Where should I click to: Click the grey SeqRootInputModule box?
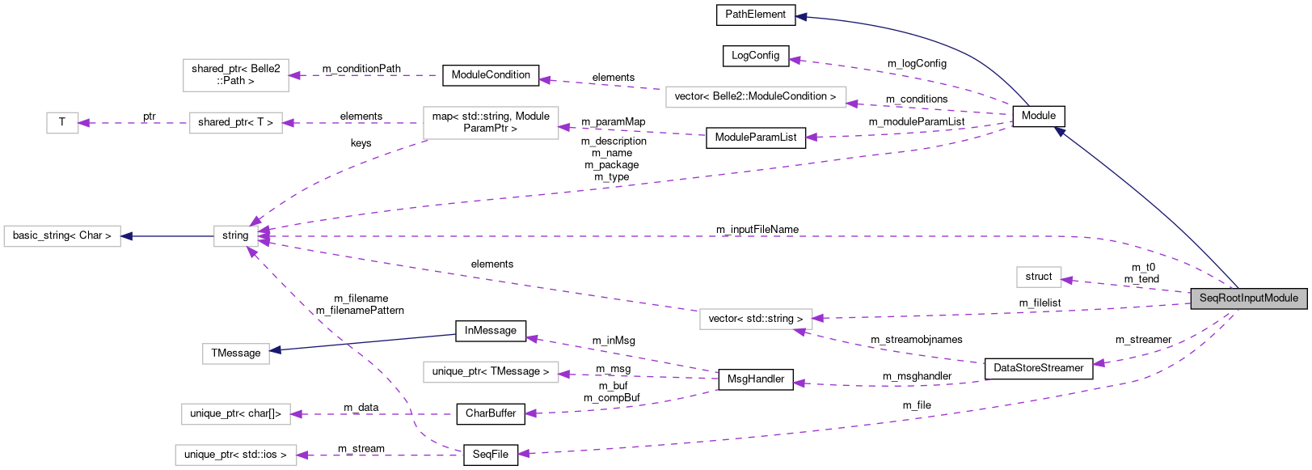(1249, 299)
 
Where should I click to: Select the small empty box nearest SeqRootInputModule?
(1039, 277)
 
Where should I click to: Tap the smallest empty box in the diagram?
(62, 123)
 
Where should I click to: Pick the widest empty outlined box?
(756, 97)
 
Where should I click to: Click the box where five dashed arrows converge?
(236, 236)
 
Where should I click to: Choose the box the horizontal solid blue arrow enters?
(62, 236)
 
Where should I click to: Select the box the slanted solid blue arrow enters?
(235, 354)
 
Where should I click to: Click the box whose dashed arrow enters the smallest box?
(236, 123)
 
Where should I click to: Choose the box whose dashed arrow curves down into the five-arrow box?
(491, 123)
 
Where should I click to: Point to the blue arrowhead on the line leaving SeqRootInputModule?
(1059, 131)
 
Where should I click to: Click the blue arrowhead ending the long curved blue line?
(800, 16)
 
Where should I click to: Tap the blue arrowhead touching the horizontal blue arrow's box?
(127, 236)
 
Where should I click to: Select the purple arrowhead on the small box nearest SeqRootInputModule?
(1067, 281)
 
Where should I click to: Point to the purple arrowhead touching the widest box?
(852, 104)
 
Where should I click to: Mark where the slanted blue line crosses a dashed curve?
(348, 344)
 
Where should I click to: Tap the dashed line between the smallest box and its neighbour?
(133, 123)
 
